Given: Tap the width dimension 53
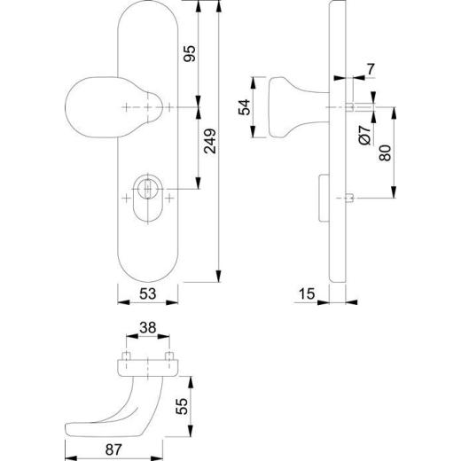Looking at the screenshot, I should click(x=149, y=294).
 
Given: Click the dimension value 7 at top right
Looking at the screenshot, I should click(x=371, y=68).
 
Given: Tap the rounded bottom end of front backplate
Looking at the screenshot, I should click(x=149, y=266).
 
